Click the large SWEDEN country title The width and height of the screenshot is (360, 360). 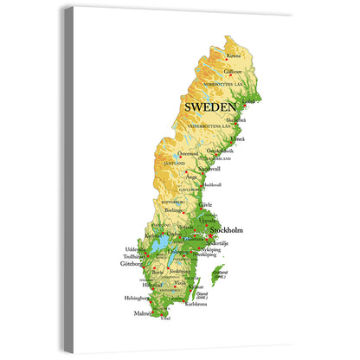(x=210, y=106)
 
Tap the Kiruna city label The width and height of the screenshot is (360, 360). (x=228, y=56)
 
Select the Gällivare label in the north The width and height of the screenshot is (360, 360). (x=233, y=73)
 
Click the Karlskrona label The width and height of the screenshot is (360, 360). (x=197, y=305)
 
